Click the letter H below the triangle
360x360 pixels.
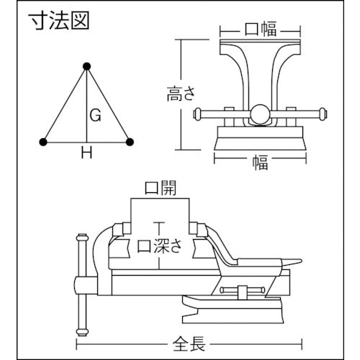pos(86,153)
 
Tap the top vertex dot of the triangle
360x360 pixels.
pos(87,67)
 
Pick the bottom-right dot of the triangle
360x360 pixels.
pos(130,142)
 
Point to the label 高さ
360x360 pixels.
pos(177,94)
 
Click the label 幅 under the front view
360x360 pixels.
pos(259,163)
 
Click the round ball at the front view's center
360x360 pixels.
pos(258,112)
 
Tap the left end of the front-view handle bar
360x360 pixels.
pos(197,112)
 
